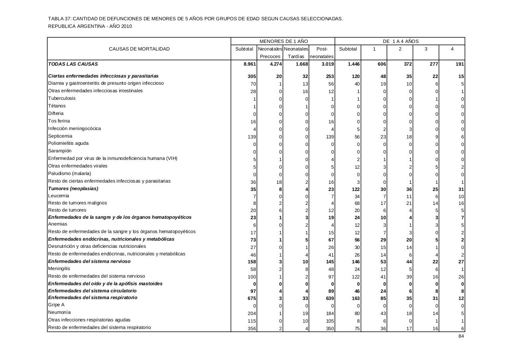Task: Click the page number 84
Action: pos(461,336)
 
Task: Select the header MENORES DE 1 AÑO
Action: pos(284,41)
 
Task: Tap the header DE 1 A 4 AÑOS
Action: pos(400,41)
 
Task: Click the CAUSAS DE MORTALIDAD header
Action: pos(139,49)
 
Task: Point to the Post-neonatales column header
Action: pos(322,53)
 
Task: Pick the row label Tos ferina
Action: pos(59,121)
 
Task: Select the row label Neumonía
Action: pos(59,313)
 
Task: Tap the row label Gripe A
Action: pos(56,305)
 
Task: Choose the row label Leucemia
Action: pos(58,196)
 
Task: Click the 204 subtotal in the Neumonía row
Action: pos(252,313)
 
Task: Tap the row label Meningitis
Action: pos(59,269)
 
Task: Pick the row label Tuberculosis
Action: pos(62,98)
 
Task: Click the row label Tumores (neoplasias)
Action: pos(73,189)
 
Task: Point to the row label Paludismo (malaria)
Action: pos(70,173)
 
